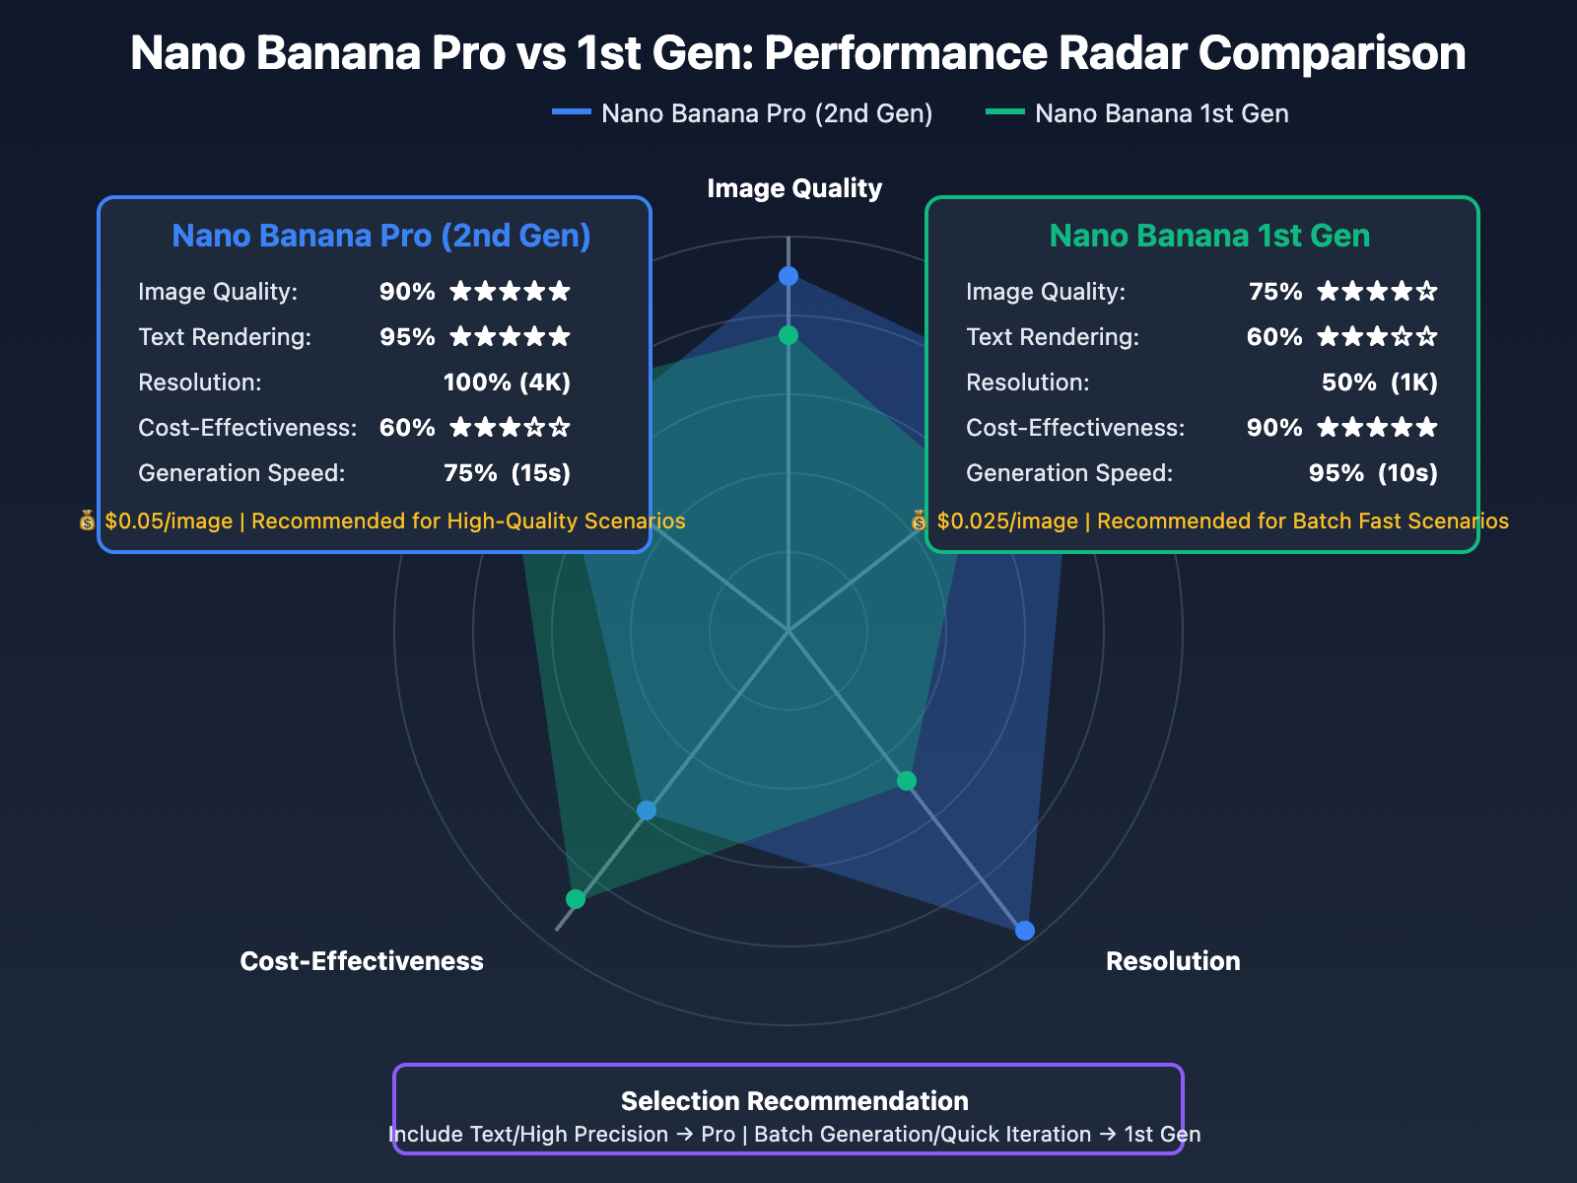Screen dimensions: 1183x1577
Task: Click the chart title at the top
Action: click(x=797, y=53)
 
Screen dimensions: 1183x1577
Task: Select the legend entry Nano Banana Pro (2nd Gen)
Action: click(x=766, y=113)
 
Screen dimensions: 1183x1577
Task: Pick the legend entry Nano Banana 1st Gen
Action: click(x=1161, y=113)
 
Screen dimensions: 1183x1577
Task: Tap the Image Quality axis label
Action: click(x=794, y=188)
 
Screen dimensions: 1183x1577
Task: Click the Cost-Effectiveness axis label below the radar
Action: click(x=362, y=961)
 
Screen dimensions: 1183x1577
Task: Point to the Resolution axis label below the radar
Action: click(x=1173, y=961)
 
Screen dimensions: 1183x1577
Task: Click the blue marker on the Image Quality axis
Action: click(x=788, y=276)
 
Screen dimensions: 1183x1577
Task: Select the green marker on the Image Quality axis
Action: click(x=788, y=335)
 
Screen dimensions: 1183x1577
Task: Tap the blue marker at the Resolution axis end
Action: click(x=1025, y=931)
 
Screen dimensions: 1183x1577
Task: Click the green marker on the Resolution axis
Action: click(x=907, y=782)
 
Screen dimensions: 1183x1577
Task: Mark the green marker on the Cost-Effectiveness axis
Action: click(x=576, y=899)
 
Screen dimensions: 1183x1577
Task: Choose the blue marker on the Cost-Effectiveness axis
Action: click(x=647, y=810)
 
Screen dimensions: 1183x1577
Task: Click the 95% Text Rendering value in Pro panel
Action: click(x=407, y=337)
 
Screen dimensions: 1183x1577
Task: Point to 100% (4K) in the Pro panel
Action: click(x=507, y=383)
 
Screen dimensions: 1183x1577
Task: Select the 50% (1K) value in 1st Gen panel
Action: click(x=1379, y=383)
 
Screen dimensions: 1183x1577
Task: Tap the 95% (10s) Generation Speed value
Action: click(x=1373, y=473)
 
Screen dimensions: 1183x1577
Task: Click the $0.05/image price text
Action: click(x=169, y=521)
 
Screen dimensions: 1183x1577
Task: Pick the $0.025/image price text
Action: click(x=1007, y=521)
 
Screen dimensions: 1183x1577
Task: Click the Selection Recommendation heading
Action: click(x=794, y=1101)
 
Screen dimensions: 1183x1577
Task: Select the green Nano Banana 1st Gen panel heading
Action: click(x=1209, y=236)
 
